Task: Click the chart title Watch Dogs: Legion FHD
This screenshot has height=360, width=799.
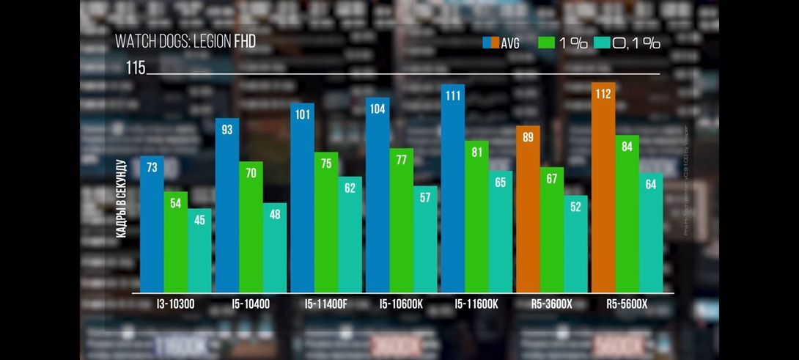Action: pyautogui.click(x=185, y=41)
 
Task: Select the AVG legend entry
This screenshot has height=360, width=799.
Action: pyautogui.click(x=501, y=43)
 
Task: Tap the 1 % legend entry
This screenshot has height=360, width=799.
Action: pyautogui.click(x=563, y=43)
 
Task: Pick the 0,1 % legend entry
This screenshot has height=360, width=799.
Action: pyautogui.click(x=627, y=43)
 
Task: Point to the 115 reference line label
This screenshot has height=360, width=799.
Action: pyautogui.click(x=136, y=68)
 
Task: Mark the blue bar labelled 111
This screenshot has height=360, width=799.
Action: pyautogui.click(x=453, y=191)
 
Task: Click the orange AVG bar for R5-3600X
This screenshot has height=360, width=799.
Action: pyautogui.click(x=528, y=213)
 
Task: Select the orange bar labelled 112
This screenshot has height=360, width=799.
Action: pyautogui.click(x=603, y=191)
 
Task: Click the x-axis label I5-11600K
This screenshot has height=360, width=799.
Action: pyautogui.click(x=476, y=304)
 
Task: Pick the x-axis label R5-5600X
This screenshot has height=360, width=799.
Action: pyautogui.click(x=627, y=304)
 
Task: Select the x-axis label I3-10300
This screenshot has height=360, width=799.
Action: pyautogui.click(x=175, y=304)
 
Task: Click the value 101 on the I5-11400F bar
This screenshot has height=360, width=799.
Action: pyautogui.click(x=302, y=114)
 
